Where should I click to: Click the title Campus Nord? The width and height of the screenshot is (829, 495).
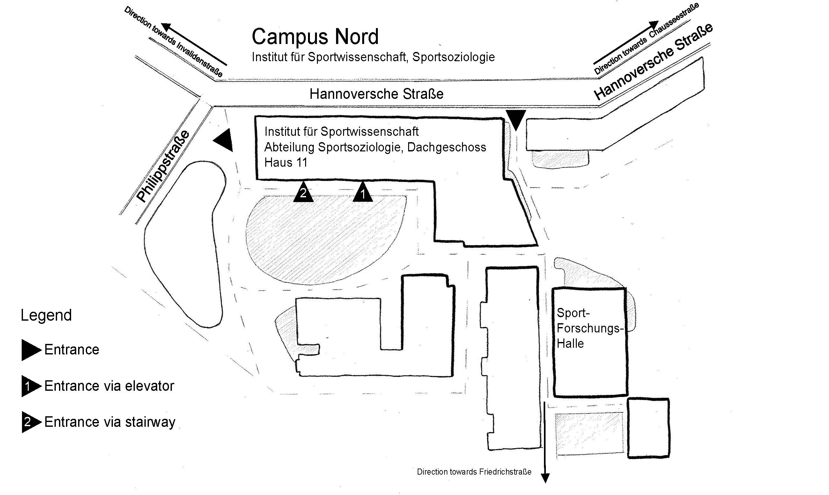tap(315, 37)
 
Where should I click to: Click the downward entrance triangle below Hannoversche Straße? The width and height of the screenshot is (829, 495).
tap(516, 119)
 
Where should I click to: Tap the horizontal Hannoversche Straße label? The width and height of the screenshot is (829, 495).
tap(376, 94)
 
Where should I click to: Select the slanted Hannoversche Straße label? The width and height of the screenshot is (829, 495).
tap(653, 62)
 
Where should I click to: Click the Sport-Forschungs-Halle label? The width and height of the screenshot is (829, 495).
tap(590, 328)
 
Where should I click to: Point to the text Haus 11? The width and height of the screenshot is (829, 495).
tap(286, 163)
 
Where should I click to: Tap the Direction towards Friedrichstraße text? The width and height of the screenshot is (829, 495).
tap(474, 472)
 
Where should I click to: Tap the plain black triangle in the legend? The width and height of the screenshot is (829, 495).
tap(31, 350)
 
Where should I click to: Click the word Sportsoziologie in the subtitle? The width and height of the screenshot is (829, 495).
tap(453, 57)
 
